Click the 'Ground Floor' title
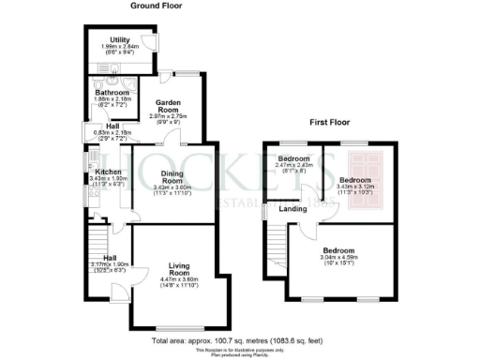[157, 6]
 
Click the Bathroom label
[112, 93]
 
